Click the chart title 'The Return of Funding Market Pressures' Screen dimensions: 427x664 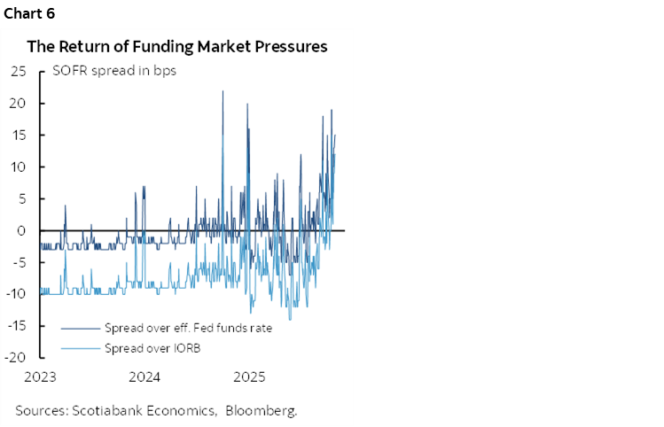tap(177, 46)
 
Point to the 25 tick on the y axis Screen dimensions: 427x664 tap(18, 72)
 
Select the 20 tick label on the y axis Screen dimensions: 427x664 tap(18, 104)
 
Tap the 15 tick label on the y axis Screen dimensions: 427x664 tap(18, 136)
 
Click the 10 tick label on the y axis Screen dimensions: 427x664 tap(18, 167)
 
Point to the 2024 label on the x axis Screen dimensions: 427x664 tap(145, 377)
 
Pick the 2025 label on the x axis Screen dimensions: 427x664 tap(249, 377)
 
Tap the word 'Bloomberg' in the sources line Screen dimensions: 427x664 tap(262, 410)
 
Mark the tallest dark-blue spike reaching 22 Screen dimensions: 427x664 tap(223, 92)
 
